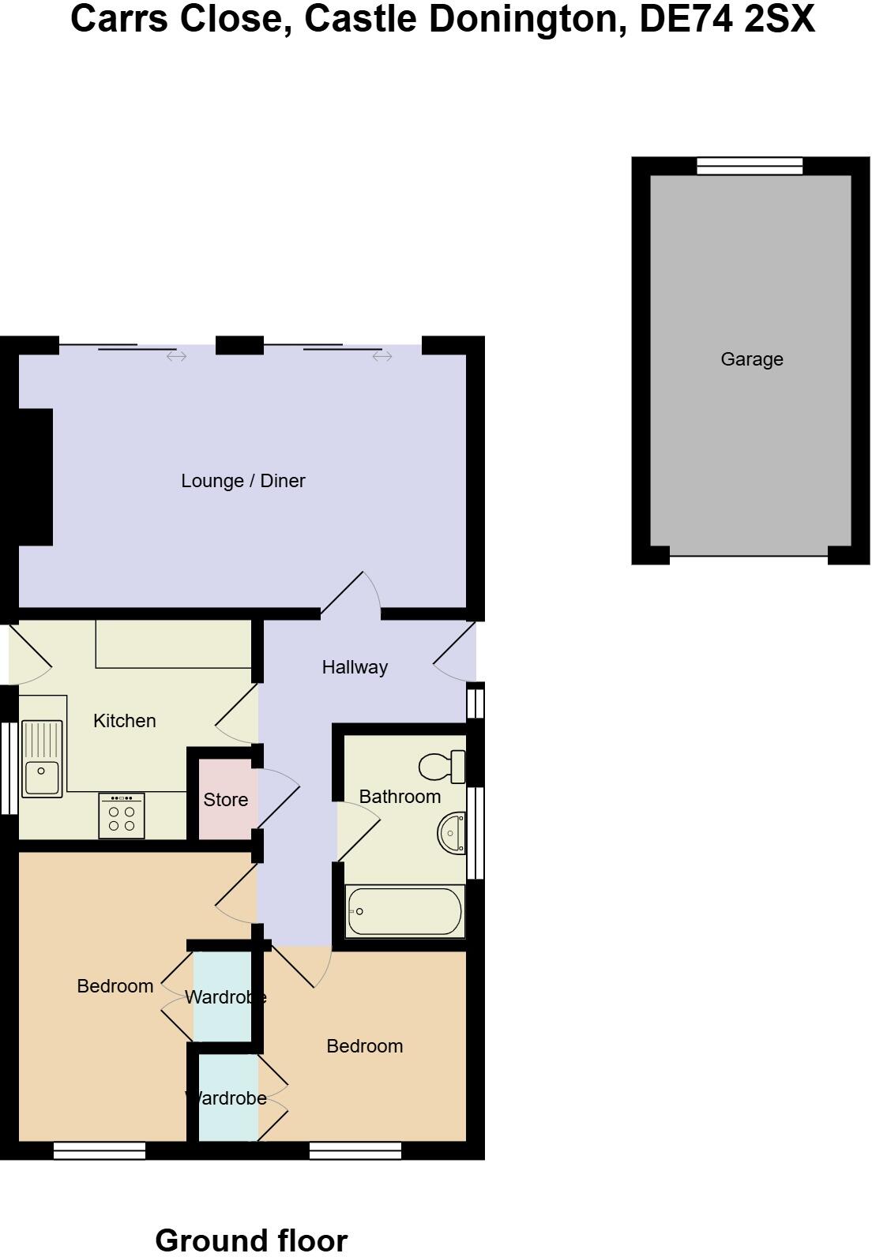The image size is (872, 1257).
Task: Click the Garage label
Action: tap(751, 359)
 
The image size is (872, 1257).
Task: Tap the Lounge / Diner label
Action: tap(242, 481)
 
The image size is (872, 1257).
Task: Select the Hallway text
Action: tap(355, 667)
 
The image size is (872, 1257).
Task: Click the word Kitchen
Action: tap(124, 721)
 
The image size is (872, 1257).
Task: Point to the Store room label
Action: tap(225, 800)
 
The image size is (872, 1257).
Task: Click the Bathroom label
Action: tap(400, 797)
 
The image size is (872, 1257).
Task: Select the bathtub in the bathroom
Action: tap(404, 912)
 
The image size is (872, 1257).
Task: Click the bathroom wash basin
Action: tap(452, 833)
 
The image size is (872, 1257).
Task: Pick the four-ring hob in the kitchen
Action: tap(122, 816)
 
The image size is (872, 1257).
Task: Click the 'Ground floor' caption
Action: tap(251, 1240)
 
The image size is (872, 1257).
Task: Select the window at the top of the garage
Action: tap(749, 166)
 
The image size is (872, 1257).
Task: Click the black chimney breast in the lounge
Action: tap(35, 477)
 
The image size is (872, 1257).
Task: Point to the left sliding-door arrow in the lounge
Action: tap(176, 357)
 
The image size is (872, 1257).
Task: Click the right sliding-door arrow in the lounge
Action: tap(382, 357)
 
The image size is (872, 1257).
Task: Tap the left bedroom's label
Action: tap(115, 986)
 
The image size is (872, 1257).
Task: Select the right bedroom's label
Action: tap(364, 1046)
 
